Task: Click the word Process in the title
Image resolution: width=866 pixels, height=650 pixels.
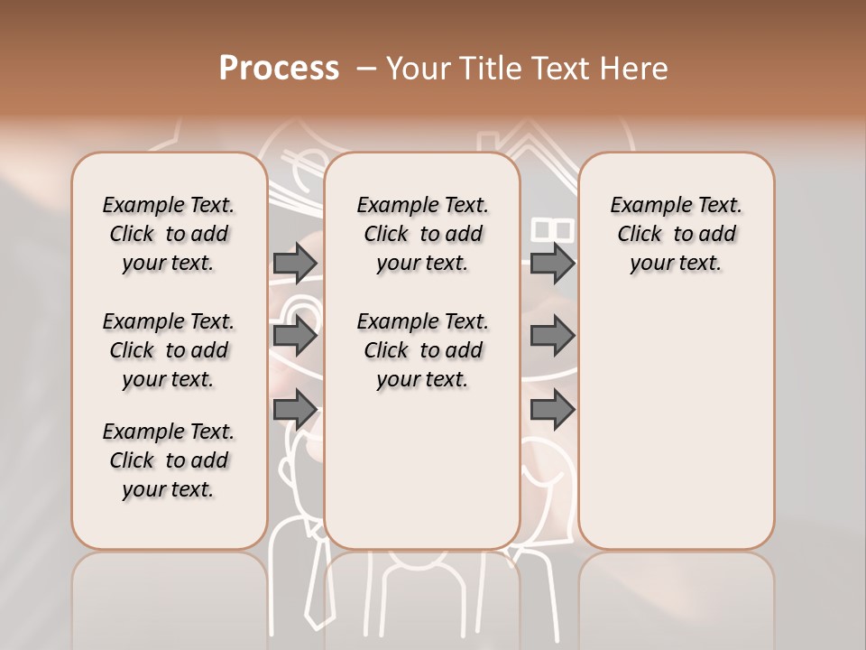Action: [x=279, y=69]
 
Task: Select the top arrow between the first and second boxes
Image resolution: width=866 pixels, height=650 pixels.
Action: [x=295, y=263]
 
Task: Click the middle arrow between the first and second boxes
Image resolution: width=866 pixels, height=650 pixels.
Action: [x=295, y=337]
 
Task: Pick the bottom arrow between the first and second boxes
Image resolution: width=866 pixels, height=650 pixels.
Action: [x=295, y=411]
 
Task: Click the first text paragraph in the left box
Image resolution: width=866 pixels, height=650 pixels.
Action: [x=169, y=234]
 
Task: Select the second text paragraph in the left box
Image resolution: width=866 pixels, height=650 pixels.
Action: [x=169, y=350]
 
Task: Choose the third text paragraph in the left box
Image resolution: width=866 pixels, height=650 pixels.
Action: [x=169, y=460]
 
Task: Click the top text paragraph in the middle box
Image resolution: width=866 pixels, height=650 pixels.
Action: [x=422, y=234]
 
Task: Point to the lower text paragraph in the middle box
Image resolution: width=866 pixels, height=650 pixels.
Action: [x=422, y=350]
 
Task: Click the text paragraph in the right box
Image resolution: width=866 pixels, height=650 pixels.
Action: [x=676, y=234]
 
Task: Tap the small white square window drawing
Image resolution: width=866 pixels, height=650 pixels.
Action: [x=553, y=230]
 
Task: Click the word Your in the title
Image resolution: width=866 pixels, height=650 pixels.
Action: [x=418, y=69]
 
